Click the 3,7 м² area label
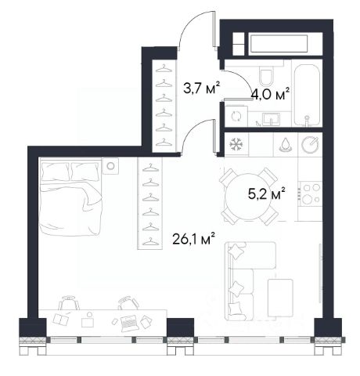click(202, 88)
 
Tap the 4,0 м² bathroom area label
click(270, 94)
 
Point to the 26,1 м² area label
click(194, 239)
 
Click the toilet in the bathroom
click(267, 75)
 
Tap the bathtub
click(307, 95)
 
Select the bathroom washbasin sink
click(271, 119)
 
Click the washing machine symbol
click(236, 116)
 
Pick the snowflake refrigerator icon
click(236, 144)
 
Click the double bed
click(70, 197)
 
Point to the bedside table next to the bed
click(110, 166)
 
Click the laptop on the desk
click(128, 324)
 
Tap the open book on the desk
click(60, 319)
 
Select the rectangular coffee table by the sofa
click(280, 299)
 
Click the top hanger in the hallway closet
click(164, 70)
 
